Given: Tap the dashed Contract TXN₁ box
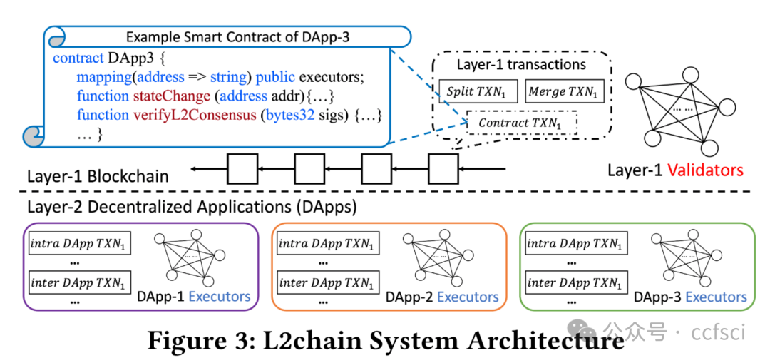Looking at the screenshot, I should pos(521,123).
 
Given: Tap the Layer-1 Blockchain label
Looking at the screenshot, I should pos(98,175).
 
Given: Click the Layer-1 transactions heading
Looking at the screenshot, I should pos(521,65).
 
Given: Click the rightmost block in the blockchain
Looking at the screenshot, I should pos(443,169).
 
